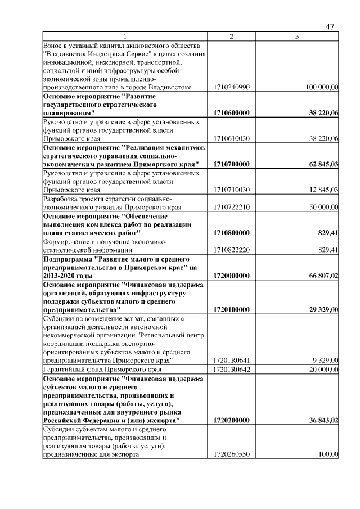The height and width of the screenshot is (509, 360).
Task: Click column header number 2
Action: (x=231, y=37)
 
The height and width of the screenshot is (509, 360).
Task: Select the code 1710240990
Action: (x=231, y=87)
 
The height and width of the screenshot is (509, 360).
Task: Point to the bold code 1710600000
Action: (x=231, y=113)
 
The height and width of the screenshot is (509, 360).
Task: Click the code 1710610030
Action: (x=231, y=138)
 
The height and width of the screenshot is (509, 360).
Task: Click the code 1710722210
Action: (x=231, y=207)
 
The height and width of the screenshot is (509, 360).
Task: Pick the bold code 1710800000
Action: (x=231, y=232)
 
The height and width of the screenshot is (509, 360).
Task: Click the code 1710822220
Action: (x=231, y=250)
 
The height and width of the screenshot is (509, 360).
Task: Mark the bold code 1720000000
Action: (x=231, y=275)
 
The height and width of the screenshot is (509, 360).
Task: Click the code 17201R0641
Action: (x=231, y=360)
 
